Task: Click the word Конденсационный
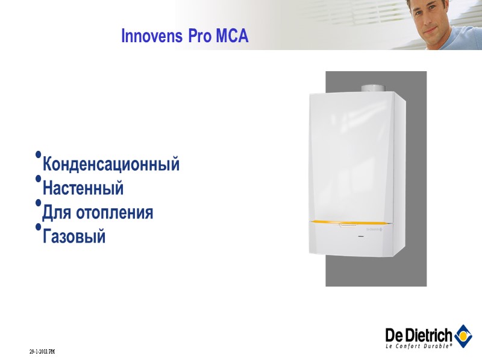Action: (x=111, y=164)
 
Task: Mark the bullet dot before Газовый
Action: (x=39, y=227)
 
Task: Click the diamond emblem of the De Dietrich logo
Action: (x=462, y=333)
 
